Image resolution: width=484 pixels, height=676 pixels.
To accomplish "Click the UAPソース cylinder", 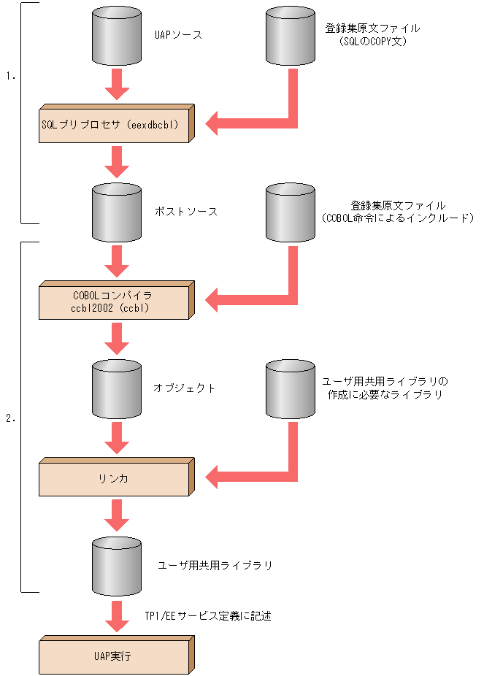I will [117, 37].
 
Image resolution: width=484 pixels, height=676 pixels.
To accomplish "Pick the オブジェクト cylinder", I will [117, 389].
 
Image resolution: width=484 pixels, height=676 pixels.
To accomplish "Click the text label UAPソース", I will [178, 34].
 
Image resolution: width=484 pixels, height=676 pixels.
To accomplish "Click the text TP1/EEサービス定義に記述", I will [209, 616].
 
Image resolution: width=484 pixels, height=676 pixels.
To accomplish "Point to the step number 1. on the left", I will [11, 75].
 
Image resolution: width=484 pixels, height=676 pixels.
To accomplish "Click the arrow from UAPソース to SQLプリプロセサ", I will [117, 84].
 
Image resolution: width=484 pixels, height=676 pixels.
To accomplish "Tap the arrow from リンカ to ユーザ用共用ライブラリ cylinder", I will [117, 515].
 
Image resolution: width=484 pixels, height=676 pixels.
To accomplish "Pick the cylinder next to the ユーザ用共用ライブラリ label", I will [117, 566].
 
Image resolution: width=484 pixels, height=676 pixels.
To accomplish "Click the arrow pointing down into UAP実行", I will [117, 617].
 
